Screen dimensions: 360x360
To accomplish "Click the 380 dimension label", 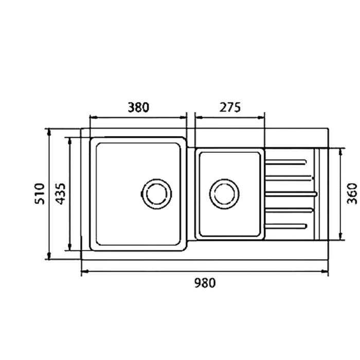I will click(138, 107).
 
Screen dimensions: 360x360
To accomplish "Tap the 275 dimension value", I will click(230, 107).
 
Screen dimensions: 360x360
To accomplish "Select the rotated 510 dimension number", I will click(40, 193).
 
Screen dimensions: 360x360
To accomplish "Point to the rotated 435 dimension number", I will click(60, 193).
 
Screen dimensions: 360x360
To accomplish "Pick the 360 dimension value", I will click(352, 193).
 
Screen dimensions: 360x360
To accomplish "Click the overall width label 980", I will click(205, 282).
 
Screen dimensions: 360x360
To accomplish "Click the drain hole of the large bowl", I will click(156, 193).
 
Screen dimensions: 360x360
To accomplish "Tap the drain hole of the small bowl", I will click(224, 193).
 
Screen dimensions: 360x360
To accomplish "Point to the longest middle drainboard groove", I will click(291, 193).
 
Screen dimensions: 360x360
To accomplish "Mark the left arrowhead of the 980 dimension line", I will click(84, 272).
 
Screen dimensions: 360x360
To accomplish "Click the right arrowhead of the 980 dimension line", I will click(326, 272).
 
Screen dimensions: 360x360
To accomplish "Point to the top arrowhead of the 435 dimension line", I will click(69, 140).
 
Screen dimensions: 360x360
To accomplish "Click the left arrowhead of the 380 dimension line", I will click(93, 117).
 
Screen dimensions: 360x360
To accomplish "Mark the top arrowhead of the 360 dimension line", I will click(341, 151).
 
